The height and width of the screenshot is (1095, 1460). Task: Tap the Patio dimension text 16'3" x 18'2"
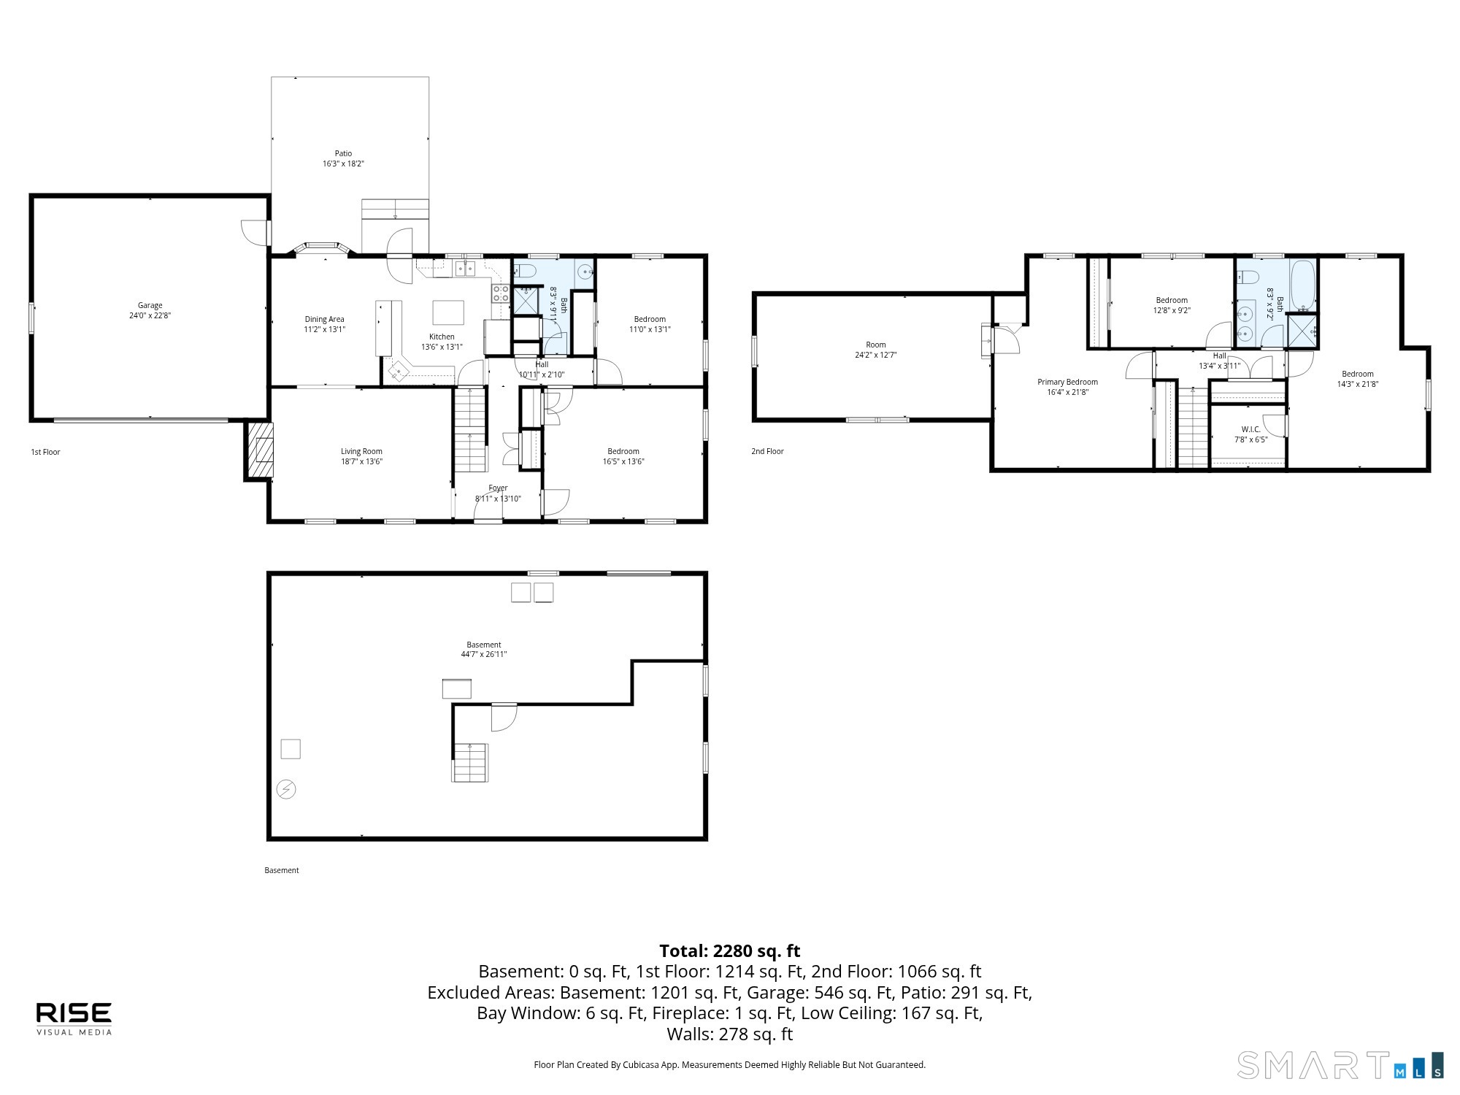pos(343,164)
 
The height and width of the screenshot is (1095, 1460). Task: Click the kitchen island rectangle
pos(448,312)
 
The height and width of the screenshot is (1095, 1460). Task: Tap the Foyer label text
pos(498,488)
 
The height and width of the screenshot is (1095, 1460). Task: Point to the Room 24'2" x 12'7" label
pos(876,350)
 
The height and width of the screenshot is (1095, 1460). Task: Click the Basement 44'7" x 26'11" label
pos(484,650)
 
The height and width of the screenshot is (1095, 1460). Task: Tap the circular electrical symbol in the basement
pos(287,789)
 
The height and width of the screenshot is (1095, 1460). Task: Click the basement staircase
pos(470,763)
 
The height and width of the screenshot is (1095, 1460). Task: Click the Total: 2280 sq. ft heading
pos(730,951)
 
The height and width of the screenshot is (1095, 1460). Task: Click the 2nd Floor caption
pos(767,451)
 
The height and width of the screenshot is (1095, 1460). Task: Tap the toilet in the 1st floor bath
pos(525,272)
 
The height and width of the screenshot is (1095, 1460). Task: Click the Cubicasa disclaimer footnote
pos(730,1065)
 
